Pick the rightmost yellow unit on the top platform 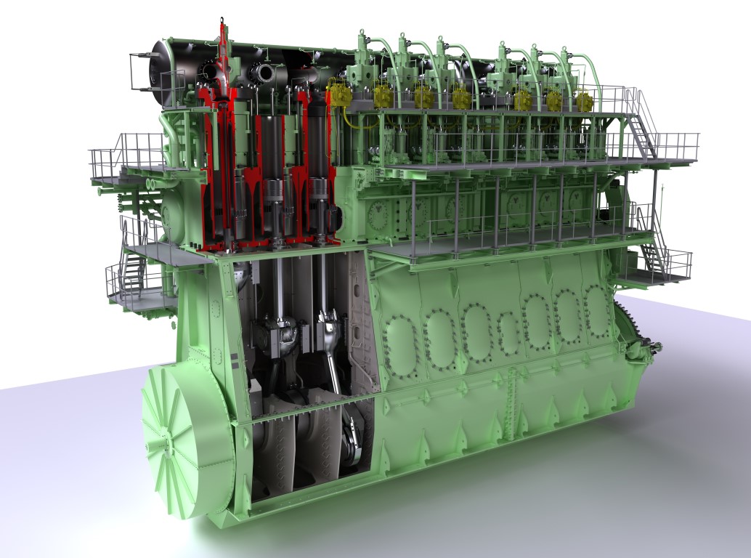(584, 100)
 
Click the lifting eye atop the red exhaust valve (223, 29)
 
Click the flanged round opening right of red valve (261, 73)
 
